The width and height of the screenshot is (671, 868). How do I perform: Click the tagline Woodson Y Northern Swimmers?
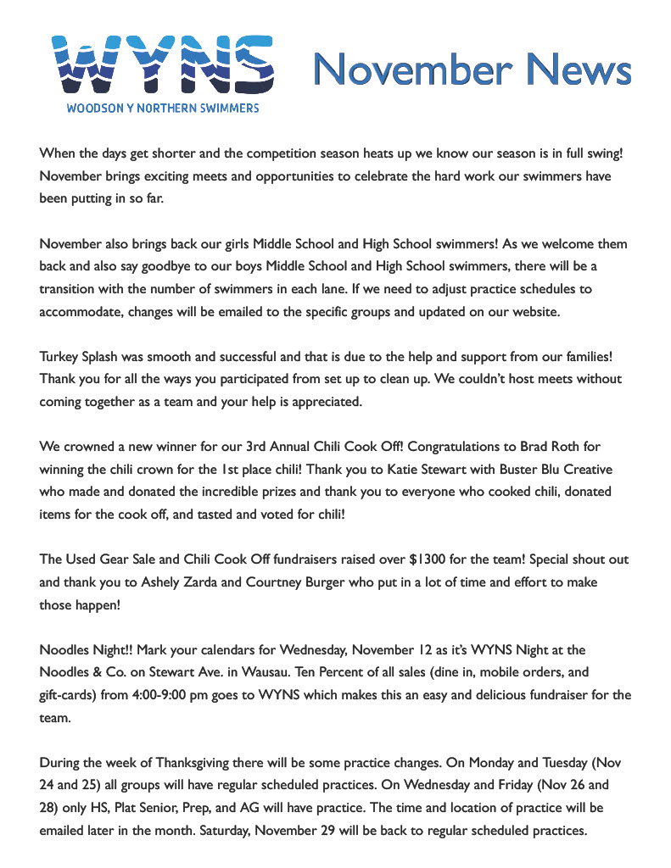(x=163, y=108)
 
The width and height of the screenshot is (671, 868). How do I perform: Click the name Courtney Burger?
(x=281, y=583)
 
